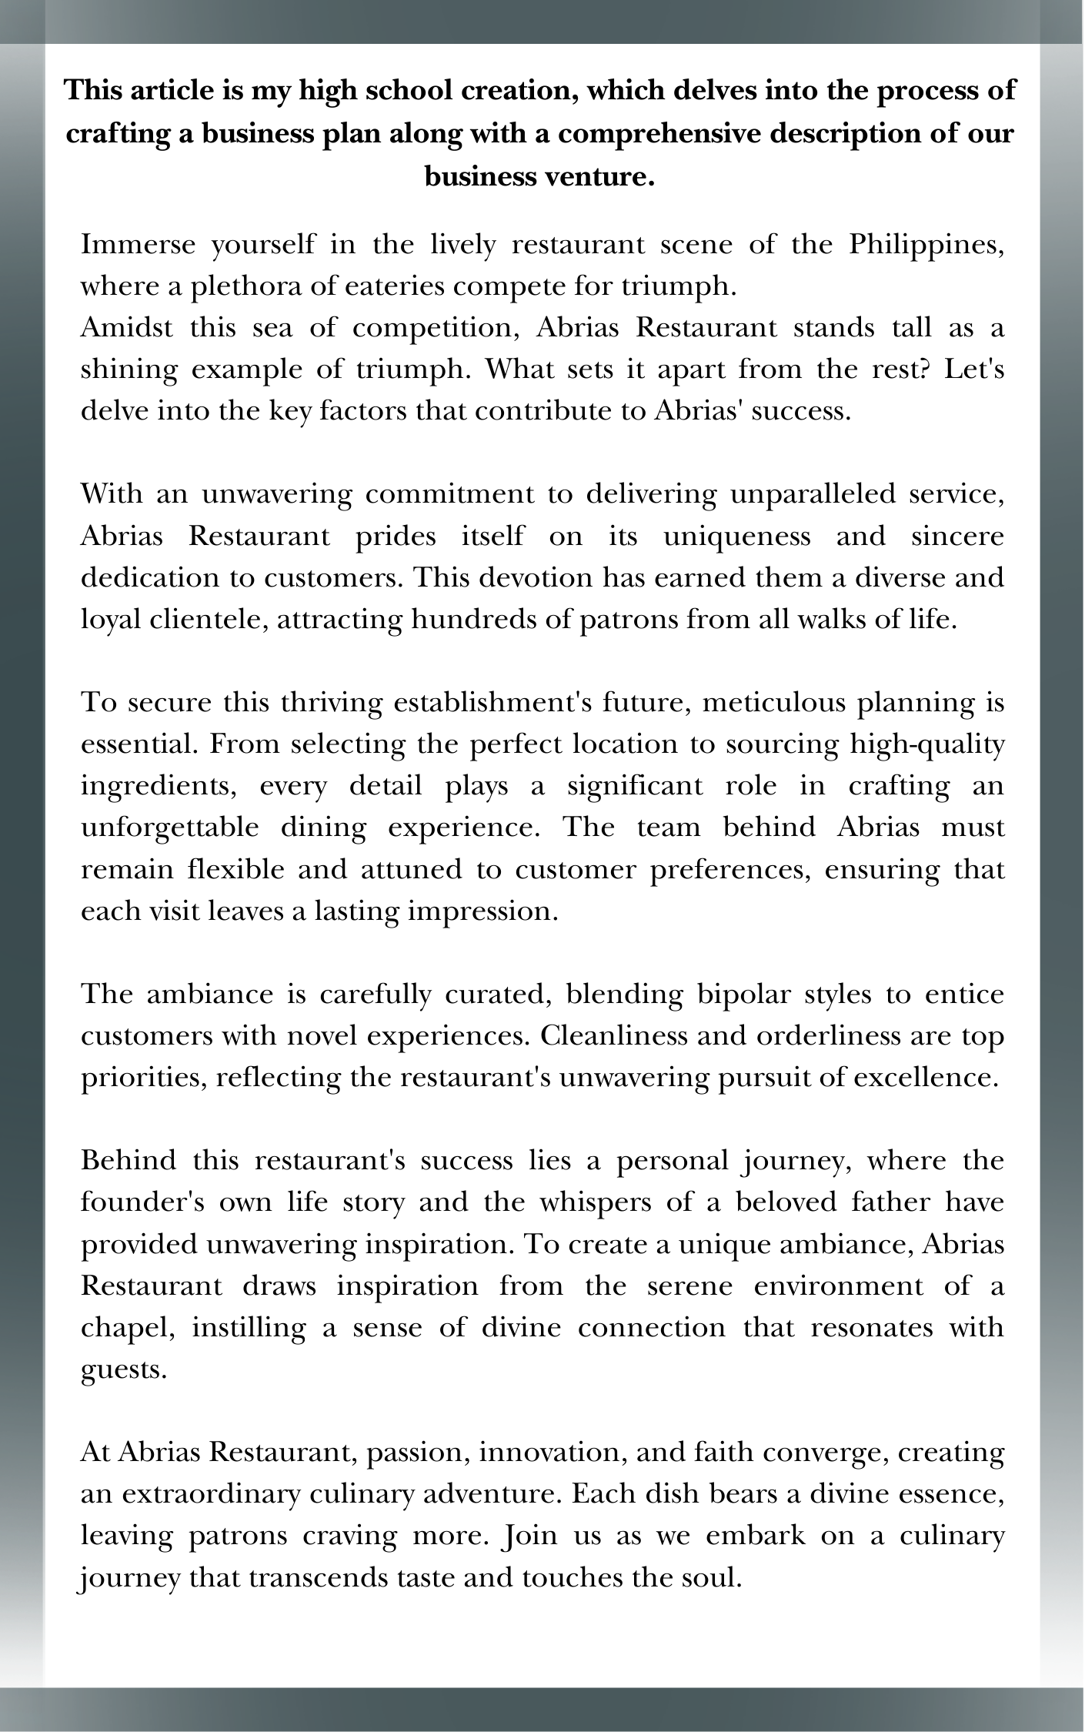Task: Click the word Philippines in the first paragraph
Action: click(926, 246)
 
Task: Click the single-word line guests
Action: click(123, 1369)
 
